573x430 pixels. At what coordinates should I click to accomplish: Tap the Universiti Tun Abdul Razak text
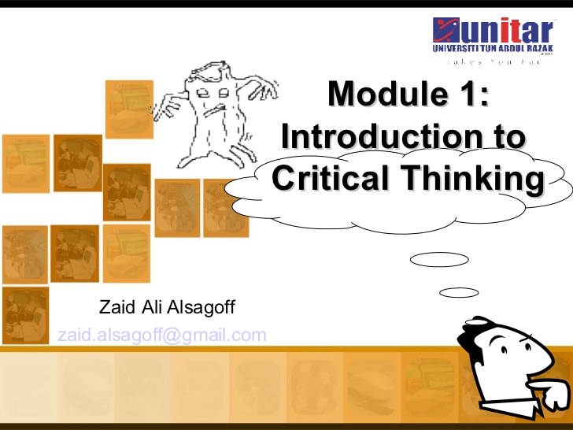pos(493,49)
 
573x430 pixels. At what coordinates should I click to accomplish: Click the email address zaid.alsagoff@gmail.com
pos(162,335)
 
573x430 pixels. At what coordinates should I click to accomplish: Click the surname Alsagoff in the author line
pos(197,306)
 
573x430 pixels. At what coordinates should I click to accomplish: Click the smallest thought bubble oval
pos(459,292)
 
